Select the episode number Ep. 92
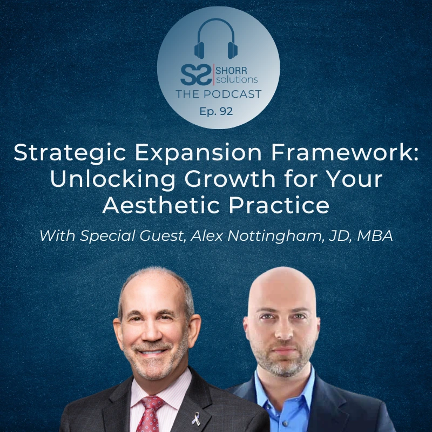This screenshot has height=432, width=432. pyautogui.click(x=217, y=111)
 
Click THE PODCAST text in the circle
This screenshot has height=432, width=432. pyautogui.click(x=219, y=94)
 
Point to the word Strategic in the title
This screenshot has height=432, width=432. pyautogui.click(x=70, y=154)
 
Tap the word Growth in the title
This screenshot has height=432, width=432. pyautogui.click(x=230, y=179)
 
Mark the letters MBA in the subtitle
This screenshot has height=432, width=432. pyautogui.click(x=375, y=236)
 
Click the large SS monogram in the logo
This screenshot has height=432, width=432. pyautogui.click(x=196, y=75)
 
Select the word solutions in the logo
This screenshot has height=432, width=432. pyautogui.click(x=237, y=79)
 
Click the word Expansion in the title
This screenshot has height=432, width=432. pyautogui.click(x=198, y=154)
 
